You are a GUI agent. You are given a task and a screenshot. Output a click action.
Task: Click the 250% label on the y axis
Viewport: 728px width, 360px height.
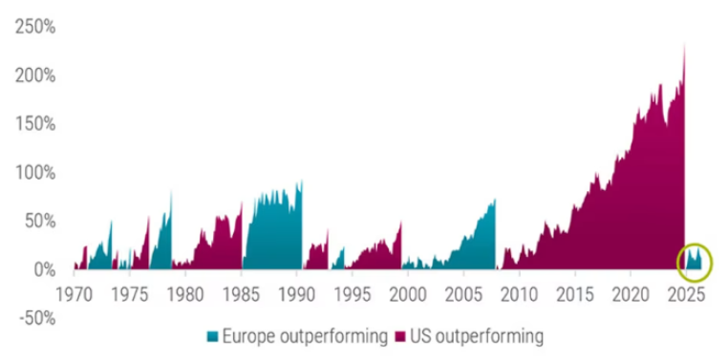(35, 27)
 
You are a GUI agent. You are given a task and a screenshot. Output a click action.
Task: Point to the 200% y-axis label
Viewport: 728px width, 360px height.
(35, 75)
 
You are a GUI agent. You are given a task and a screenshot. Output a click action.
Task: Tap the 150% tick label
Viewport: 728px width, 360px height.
(36, 124)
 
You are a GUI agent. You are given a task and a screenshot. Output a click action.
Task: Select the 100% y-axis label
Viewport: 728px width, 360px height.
(36, 173)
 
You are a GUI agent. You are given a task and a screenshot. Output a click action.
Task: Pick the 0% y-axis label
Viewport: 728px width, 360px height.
(45, 269)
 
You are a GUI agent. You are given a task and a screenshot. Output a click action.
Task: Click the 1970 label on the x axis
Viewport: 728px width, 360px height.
(75, 294)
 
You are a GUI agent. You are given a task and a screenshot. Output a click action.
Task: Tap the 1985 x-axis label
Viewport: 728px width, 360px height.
(241, 294)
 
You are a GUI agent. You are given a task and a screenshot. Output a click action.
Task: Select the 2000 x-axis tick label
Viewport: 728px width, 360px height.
(408, 294)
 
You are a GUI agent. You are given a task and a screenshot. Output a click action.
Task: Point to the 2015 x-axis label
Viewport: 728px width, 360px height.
(575, 294)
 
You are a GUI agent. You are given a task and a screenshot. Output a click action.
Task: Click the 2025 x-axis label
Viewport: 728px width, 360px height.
(686, 294)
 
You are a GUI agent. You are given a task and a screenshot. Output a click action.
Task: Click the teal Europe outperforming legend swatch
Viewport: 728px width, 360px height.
(212, 336)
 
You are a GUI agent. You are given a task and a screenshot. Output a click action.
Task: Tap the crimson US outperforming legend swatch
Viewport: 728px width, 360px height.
(399, 336)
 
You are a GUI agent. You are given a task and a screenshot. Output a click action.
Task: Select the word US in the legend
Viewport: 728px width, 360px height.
(420, 336)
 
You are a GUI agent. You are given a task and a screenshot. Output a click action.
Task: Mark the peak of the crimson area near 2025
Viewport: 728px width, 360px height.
(684, 44)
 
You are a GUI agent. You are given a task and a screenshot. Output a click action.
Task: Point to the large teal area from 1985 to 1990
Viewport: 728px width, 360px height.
(275, 232)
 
